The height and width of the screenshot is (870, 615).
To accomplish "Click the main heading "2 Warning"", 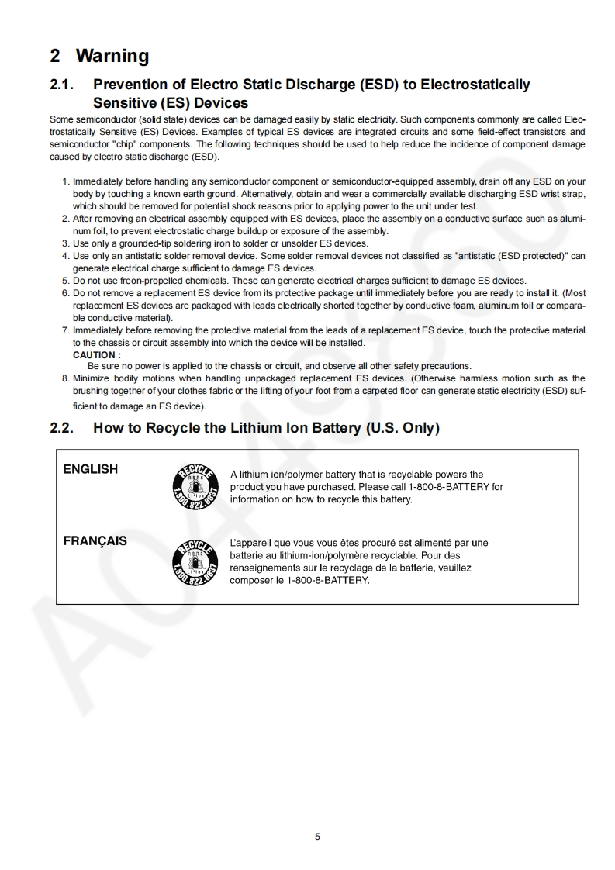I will tap(99, 56).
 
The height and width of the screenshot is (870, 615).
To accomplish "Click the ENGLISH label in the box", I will tap(91, 469).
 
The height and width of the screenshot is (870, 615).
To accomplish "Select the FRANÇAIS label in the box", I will tap(95, 540).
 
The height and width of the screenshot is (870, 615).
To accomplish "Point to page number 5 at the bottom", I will tap(317, 836).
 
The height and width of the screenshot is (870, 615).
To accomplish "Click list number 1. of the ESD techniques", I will tap(65, 182).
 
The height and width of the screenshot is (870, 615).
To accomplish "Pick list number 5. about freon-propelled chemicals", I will tap(65, 281).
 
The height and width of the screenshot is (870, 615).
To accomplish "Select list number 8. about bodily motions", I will tap(65, 378).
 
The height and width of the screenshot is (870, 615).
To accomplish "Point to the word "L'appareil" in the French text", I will tap(250, 543).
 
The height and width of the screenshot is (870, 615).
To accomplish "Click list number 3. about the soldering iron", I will tap(65, 243).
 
